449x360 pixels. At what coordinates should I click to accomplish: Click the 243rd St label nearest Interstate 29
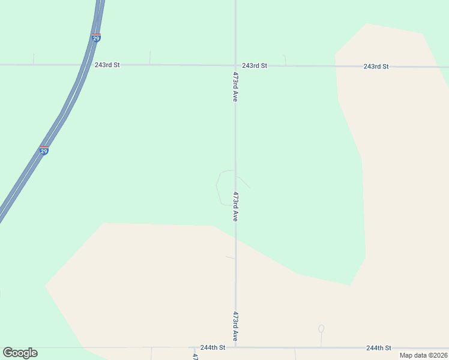tap(107, 64)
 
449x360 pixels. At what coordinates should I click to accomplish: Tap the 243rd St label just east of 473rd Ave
tap(255, 65)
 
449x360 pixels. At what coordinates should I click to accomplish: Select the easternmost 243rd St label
tap(376, 66)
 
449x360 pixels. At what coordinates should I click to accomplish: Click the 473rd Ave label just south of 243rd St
tap(235, 87)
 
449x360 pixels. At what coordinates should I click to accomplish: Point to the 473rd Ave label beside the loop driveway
tap(236, 207)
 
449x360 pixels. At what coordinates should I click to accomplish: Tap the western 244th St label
tap(213, 347)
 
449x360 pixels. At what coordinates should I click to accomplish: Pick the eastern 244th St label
tap(379, 348)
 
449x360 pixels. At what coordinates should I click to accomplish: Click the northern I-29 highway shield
tap(96, 38)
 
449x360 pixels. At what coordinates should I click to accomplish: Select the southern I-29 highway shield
tap(44, 151)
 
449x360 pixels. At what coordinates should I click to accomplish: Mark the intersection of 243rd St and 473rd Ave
tap(235, 65)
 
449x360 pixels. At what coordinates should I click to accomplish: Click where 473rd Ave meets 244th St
tap(236, 347)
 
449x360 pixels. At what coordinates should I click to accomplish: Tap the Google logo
tap(20, 353)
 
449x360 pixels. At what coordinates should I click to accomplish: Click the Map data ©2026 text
tap(423, 355)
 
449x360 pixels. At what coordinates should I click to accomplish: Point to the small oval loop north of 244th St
tap(321, 329)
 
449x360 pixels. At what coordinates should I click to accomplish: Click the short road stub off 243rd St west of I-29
tap(34, 59)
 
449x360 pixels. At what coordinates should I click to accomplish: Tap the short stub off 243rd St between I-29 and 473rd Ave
tap(150, 58)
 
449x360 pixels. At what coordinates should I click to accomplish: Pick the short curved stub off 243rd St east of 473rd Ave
tap(285, 59)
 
